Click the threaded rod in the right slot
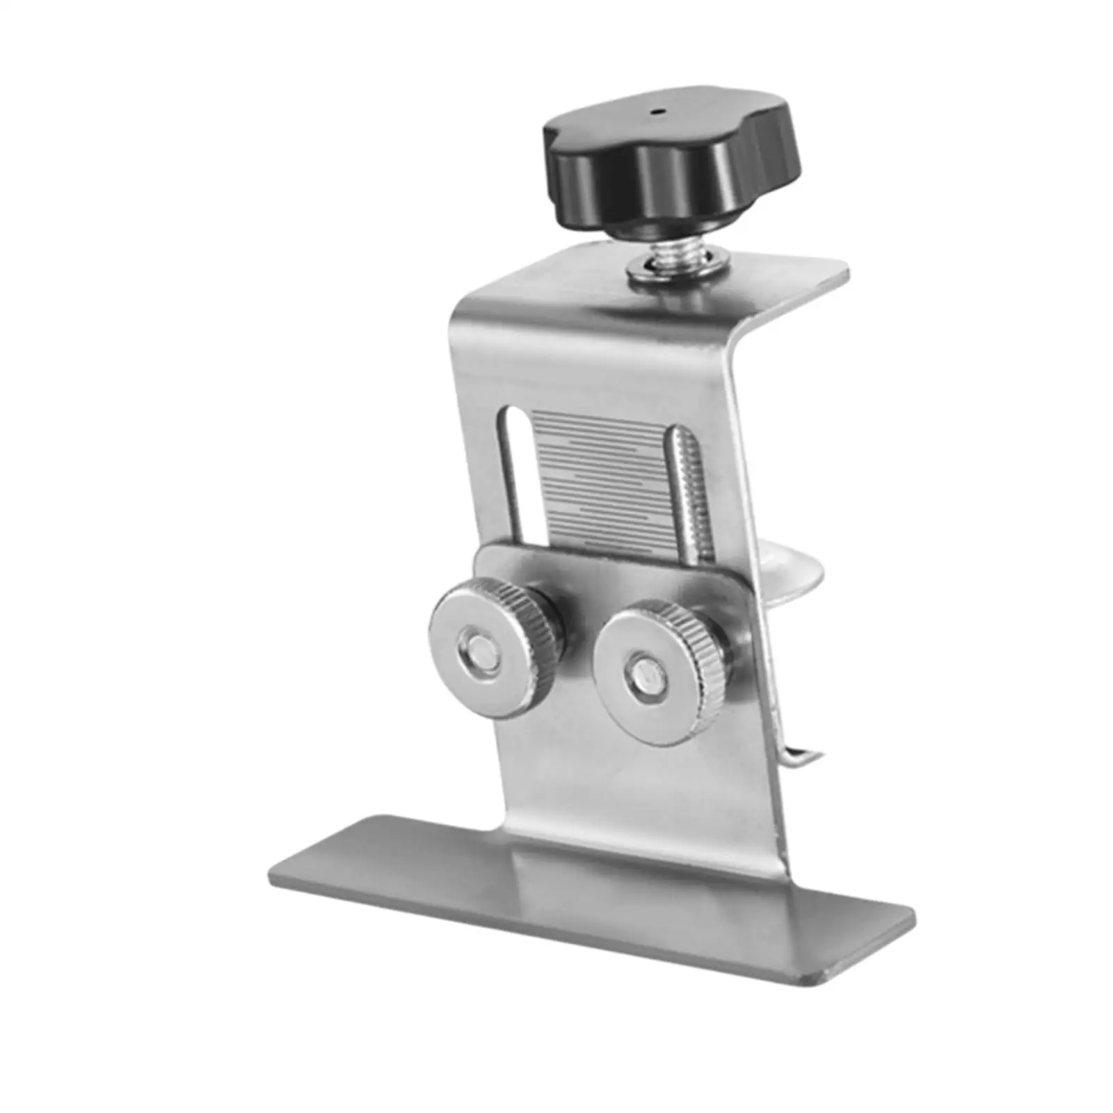point(686,487)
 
